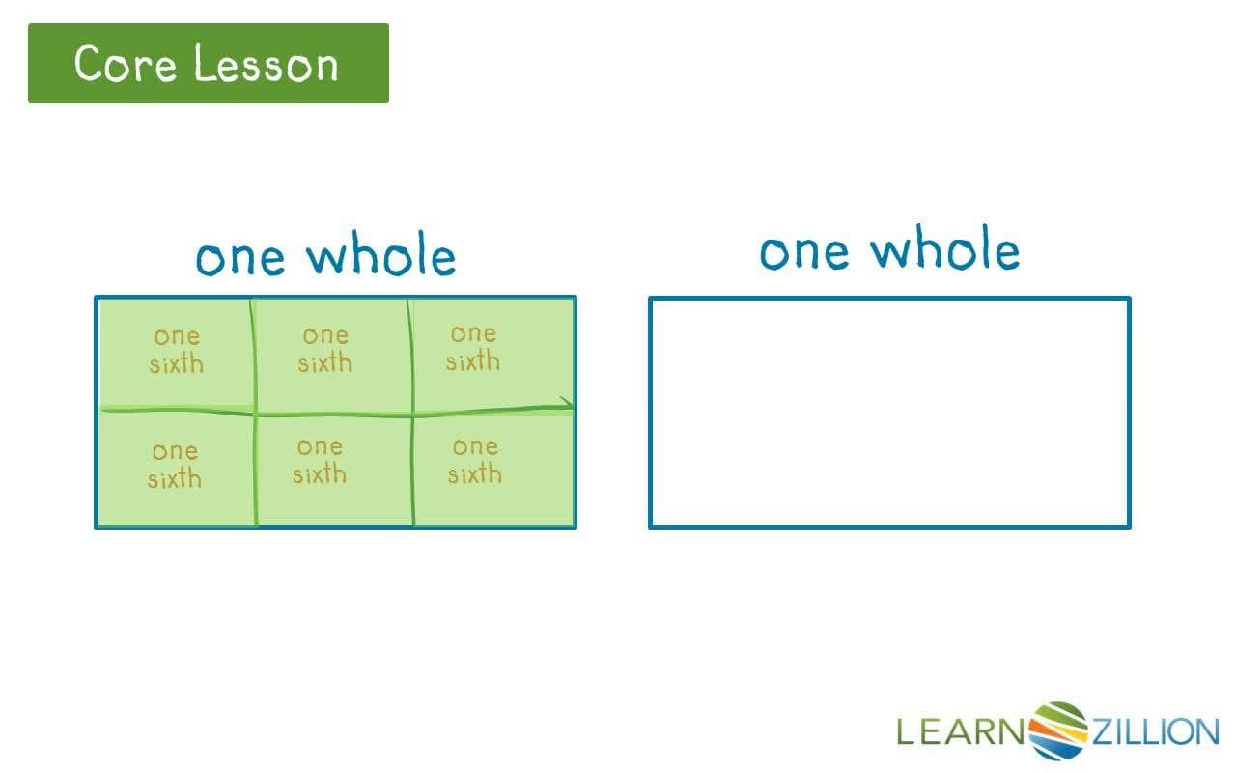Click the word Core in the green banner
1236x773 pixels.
(126, 64)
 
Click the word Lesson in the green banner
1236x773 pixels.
(266, 64)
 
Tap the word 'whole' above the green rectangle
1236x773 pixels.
(381, 256)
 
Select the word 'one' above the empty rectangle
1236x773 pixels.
(804, 251)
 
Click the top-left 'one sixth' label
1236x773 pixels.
(177, 350)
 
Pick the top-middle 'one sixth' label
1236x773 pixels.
(324, 349)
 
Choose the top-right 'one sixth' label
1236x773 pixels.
(473, 347)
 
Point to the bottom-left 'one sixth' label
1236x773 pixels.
(175, 465)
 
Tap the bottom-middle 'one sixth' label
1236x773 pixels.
(320, 460)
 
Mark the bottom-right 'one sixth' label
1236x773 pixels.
(474, 460)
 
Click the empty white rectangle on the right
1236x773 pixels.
(888, 413)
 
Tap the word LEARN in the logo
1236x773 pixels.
(962, 731)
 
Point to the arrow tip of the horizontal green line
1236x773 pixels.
(570, 406)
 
